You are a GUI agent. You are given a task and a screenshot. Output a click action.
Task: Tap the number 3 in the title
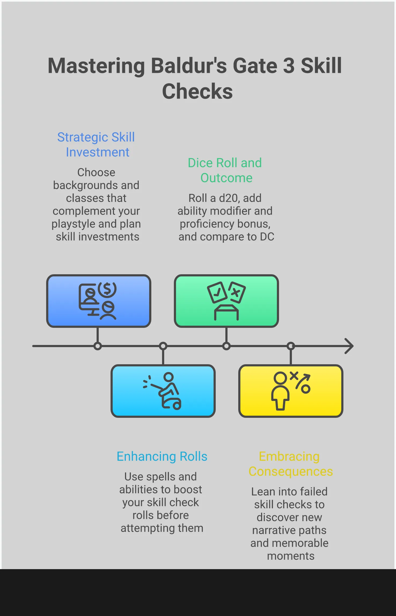[288, 66]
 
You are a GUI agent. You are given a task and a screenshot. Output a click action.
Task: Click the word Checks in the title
[197, 91]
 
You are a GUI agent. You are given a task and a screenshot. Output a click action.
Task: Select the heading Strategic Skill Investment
[96, 145]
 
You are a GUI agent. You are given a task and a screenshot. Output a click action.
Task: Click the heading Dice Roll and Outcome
[225, 170]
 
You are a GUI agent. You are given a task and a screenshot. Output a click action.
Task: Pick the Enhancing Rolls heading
[162, 456]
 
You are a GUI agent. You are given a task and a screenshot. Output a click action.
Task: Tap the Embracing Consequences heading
[291, 464]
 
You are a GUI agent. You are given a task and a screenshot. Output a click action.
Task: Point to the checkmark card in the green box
[217, 292]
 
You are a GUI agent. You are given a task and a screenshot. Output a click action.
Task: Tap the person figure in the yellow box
[280, 391]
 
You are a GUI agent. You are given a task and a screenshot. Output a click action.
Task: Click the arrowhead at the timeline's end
[349, 346]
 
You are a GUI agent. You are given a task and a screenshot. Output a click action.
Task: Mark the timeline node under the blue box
[98, 346]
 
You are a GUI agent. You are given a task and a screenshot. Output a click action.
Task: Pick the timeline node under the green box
[226, 346]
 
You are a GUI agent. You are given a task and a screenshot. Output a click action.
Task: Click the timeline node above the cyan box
[163, 346]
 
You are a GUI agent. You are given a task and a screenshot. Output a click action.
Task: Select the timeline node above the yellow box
[291, 346]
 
